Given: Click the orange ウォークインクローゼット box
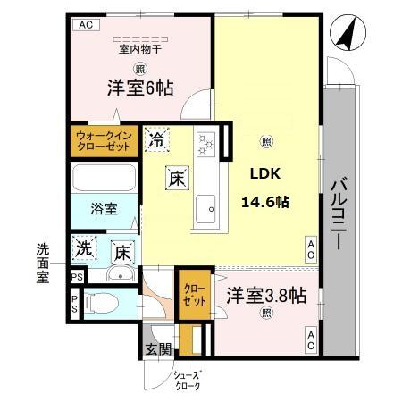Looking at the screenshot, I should [103, 141].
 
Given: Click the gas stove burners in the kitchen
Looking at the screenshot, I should [206, 142].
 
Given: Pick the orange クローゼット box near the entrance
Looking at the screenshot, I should [194, 296].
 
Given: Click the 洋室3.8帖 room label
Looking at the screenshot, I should [266, 295].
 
